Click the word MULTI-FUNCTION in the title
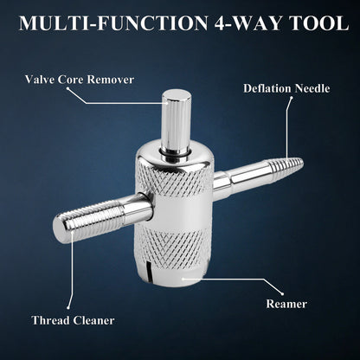(x=113, y=22)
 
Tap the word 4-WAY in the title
(x=247, y=22)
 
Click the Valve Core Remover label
(x=80, y=80)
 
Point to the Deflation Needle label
(x=286, y=88)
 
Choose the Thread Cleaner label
(x=73, y=320)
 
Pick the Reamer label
(x=286, y=304)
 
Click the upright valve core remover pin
(x=176, y=121)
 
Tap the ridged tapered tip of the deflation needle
(x=286, y=165)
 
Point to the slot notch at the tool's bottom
(x=149, y=270)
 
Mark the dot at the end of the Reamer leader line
(x=283, y=294)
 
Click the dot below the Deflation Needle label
(x=292, y=98)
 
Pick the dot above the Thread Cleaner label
(x=68, y=308)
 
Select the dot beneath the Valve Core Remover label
(x=67, y=88)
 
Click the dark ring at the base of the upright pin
(x=176, y=153)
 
